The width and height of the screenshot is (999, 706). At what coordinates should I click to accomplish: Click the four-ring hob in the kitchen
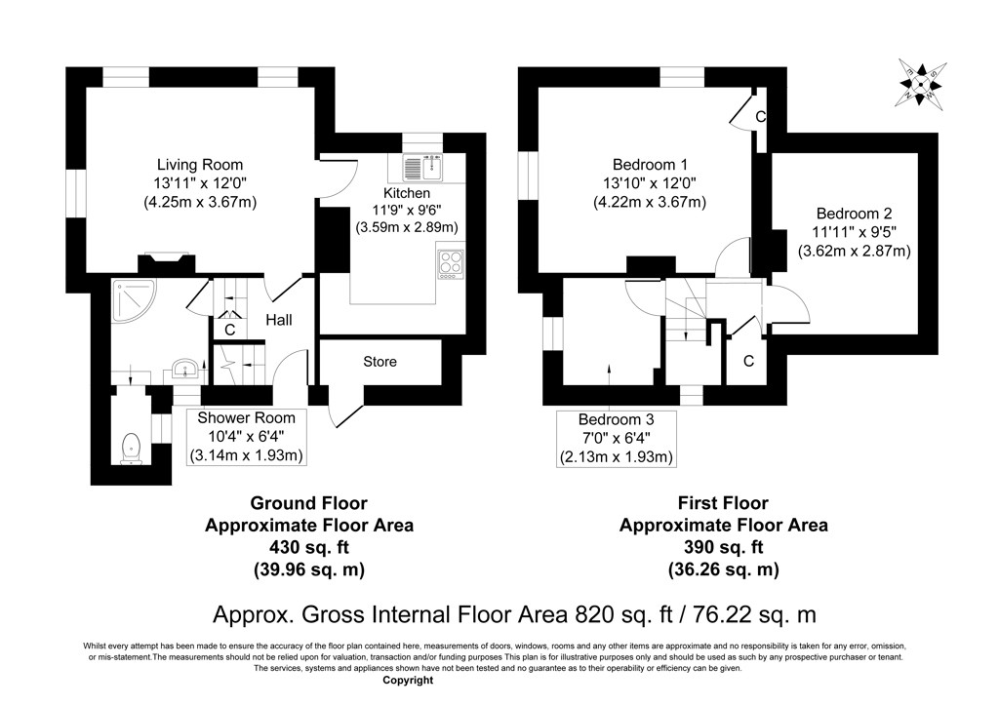point(451,263)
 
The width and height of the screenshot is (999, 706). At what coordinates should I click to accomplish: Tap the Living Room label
point(200,165)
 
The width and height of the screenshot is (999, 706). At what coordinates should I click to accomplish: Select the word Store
point(380,362)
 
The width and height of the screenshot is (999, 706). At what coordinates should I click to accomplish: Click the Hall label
point(279,320)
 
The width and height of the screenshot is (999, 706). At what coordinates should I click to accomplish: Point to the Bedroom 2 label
point(854,214)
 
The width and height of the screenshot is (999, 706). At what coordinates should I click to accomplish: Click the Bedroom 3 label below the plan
point(617,419)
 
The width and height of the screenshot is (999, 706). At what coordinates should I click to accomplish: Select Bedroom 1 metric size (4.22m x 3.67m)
point(650,203)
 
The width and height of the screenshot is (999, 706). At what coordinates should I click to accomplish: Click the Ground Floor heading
point(309,503)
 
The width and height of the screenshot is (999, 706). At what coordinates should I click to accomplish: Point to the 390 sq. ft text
point(723,547)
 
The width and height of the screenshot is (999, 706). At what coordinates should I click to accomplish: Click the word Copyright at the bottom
point(408,681)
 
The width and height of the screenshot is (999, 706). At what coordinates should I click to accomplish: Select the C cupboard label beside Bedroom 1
point(761,116)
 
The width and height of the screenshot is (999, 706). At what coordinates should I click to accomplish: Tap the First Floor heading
point(723,503)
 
